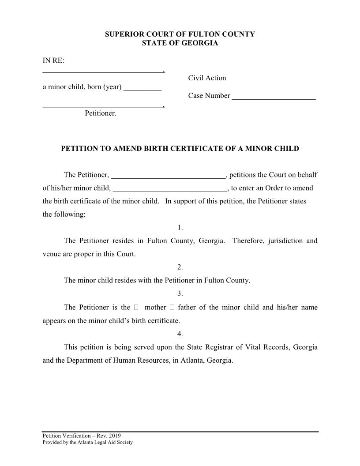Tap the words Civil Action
[x=207, y=78]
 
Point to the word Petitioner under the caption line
[x=101, y=113]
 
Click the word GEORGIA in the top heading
[x=200, y=43]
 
